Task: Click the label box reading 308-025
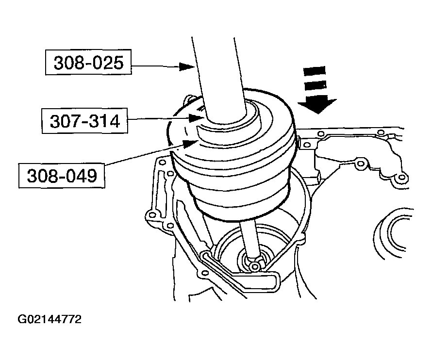(88, 64)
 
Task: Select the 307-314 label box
(84, 121)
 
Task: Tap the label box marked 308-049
(61, 176)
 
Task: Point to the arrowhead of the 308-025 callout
(186, 66)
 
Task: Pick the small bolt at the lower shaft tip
(254, 265)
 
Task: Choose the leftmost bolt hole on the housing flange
(151, 214)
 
